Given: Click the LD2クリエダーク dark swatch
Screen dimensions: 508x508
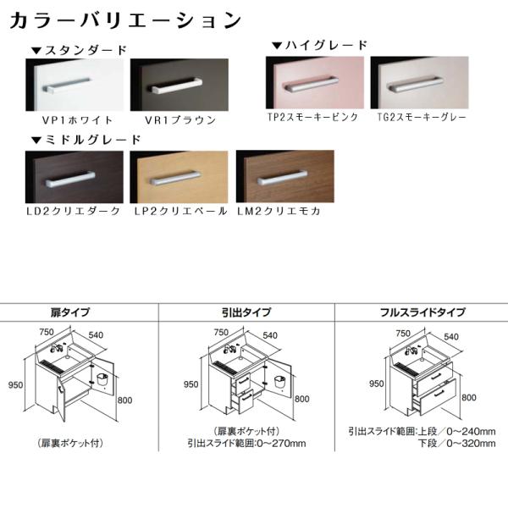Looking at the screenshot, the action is tap(75, 177).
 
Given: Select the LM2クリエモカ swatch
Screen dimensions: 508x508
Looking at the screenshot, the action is tap(285, 177).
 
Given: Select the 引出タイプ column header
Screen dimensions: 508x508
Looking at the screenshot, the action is tap(246, 312).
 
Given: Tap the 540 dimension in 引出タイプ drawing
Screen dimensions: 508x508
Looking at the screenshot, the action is tap(270, 335).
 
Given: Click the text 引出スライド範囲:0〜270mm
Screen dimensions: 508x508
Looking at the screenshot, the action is tap(246, 442).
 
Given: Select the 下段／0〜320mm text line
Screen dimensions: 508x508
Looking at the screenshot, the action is tap(456, 442).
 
